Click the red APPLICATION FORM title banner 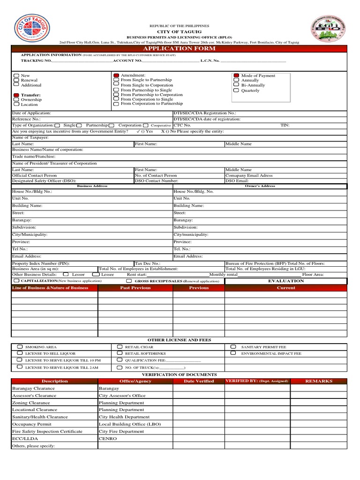180,48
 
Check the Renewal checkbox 16,80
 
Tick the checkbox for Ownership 16,99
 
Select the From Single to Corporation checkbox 116,85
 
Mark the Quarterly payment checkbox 236,90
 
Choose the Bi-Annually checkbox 236,85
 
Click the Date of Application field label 31,113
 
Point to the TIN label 285,125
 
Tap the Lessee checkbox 96,274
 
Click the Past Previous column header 135,288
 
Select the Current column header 286,288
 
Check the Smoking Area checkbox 20,347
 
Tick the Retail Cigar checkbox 120,347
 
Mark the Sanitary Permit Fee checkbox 233,347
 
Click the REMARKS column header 319,381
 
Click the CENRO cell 108,438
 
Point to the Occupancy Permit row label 31,424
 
